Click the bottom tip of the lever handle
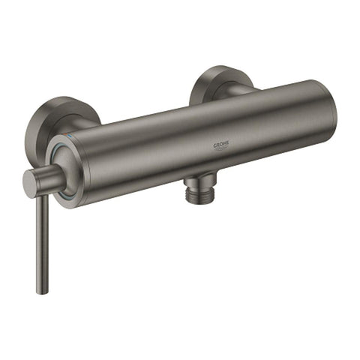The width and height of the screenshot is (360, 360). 40,290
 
